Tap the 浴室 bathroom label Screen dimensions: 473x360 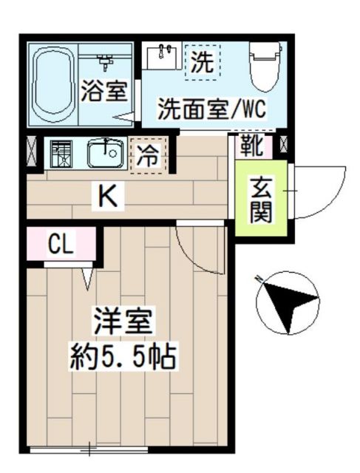coord(106,92)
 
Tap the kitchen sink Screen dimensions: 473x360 coord(104,154)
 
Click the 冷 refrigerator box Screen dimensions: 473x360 coord(149,154)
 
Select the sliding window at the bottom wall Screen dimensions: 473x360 coord(89,448)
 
